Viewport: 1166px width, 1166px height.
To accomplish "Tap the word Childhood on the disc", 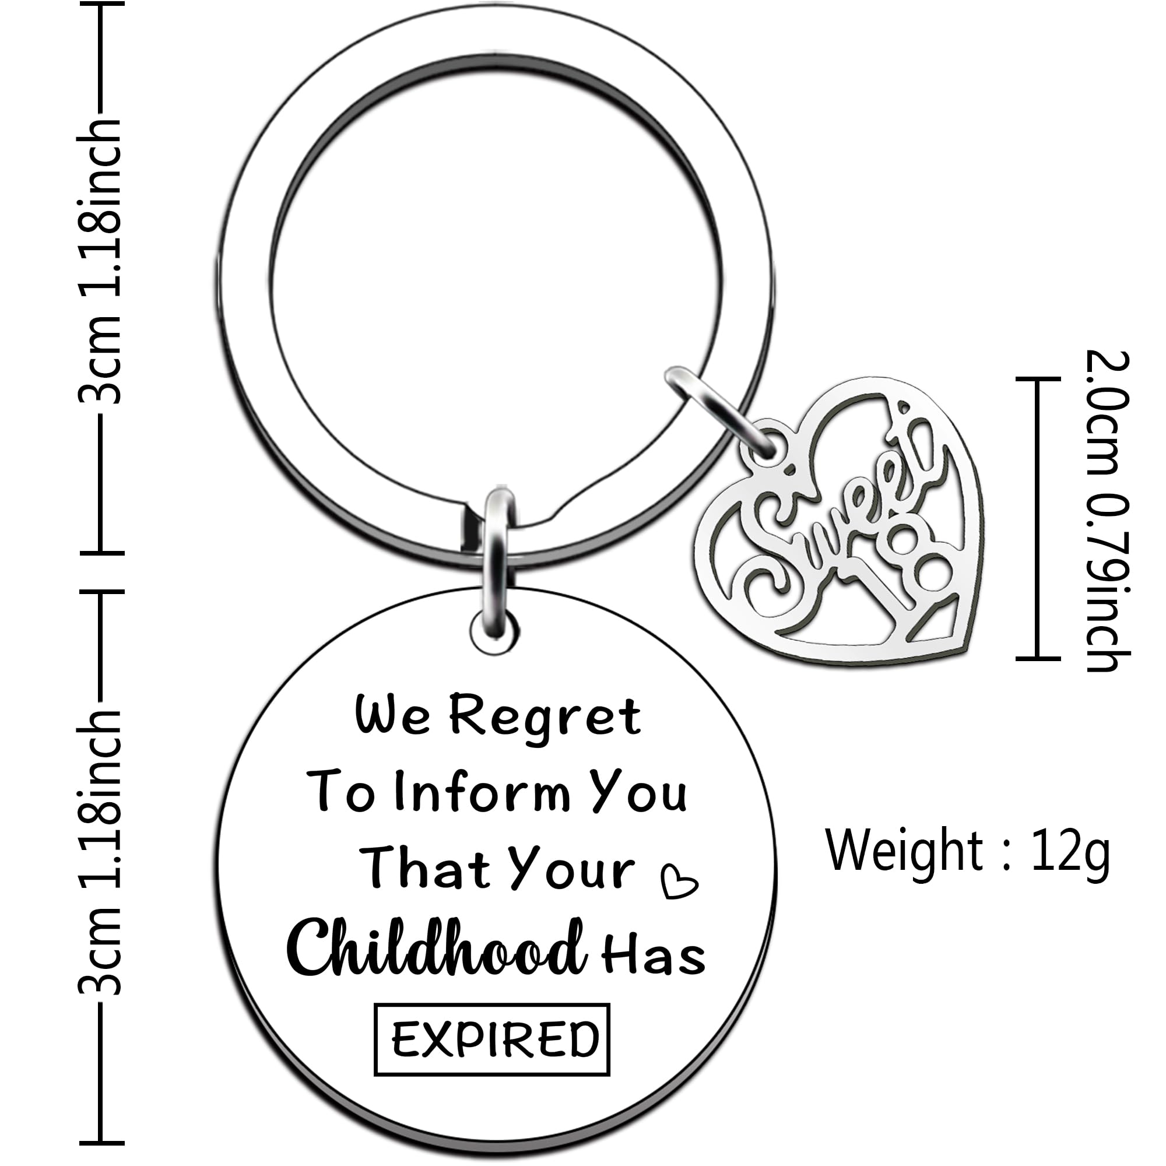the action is click(436, 949).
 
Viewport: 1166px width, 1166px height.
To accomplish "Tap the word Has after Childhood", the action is click(653, 955).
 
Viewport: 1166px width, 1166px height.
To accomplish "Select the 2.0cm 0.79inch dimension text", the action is click(1108, 511).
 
